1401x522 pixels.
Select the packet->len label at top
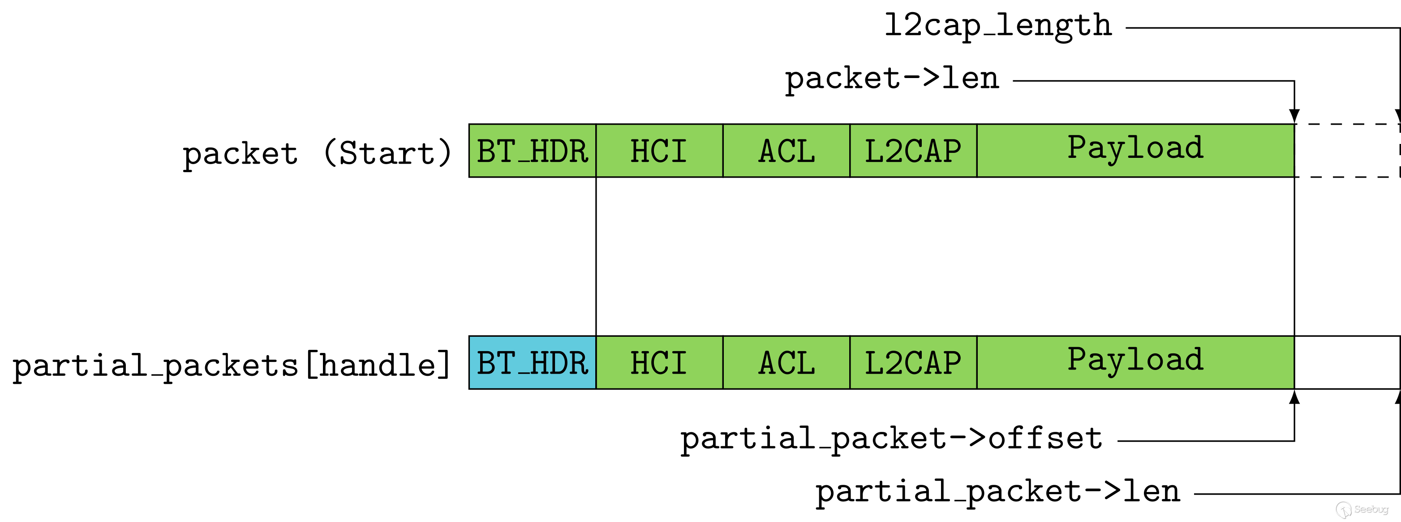892,79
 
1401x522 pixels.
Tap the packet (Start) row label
317,153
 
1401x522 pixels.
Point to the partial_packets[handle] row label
231,365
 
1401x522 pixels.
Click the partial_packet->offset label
891,439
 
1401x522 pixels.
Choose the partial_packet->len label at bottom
997,492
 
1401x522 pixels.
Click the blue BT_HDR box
533,362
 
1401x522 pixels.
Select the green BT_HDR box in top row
533,151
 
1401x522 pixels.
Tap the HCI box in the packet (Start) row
660,151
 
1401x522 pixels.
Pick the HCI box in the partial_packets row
660,362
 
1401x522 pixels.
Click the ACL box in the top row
786,151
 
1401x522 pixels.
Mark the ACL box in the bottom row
786,362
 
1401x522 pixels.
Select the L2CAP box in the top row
914,151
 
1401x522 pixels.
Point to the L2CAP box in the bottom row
914,362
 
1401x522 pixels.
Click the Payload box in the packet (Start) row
1135,151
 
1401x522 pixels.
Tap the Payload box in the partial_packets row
1135,362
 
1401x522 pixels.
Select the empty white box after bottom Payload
1347,362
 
